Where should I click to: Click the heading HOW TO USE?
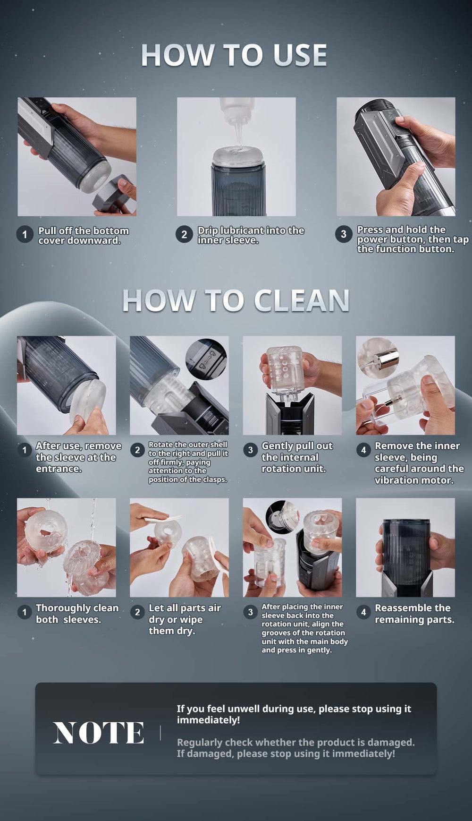(234, 55)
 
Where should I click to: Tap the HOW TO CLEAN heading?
(236, 300)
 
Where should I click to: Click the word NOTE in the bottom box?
(98, 733)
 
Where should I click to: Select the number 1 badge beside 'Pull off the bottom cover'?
(25, 234)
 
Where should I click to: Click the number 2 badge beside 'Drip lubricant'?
(184, 234)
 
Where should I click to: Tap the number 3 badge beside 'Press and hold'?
(344, 234)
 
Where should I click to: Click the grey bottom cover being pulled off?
(114, 195)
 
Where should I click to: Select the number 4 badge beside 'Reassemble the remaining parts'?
(363, 612)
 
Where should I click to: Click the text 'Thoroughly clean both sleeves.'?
(77, 614)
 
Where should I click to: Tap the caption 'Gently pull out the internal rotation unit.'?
(297, 457)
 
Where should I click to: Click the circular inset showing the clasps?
(206, 359)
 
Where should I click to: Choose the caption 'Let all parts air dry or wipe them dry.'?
(185, 619)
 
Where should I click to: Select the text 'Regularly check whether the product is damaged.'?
(296, 742)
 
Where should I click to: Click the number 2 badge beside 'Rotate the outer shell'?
(137, 450)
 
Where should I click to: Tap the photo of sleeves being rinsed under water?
(67, 547)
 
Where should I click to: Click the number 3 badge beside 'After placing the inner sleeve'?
(251, 612)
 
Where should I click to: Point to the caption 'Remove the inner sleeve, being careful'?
(419, 463)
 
